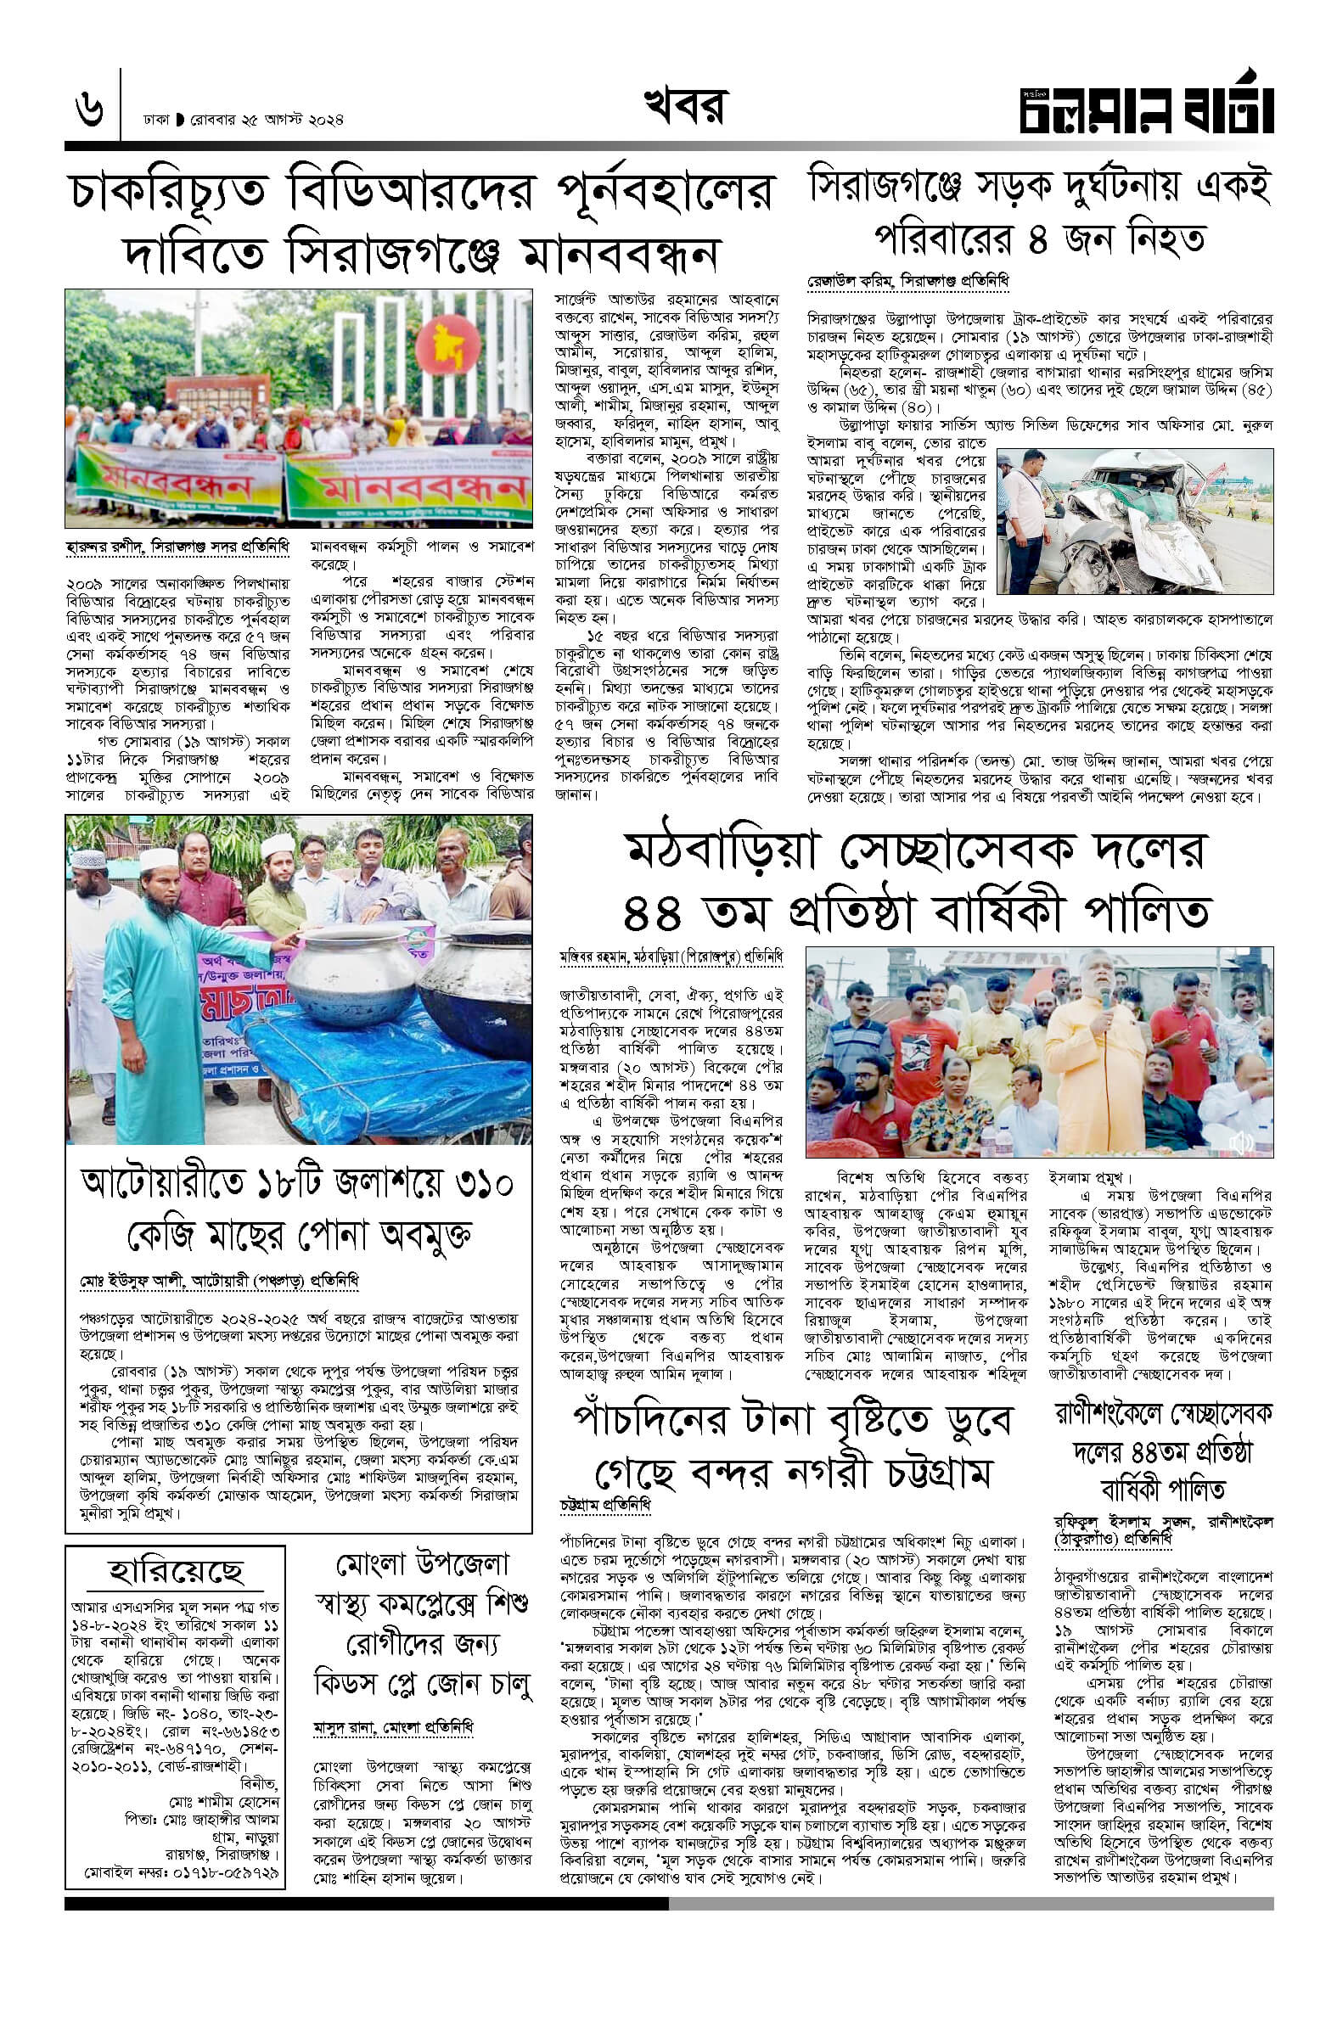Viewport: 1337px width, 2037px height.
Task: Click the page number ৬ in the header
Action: click(88, 111)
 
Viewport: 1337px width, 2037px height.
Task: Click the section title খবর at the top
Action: click(685, 108)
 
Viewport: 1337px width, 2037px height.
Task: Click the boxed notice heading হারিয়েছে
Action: click(176, 1570)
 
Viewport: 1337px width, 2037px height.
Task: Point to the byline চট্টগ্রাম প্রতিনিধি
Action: click(605, 1503)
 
